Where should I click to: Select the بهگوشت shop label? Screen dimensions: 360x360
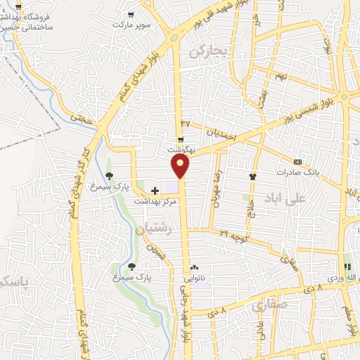pos(181,150)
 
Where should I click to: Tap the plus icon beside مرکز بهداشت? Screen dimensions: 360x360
pos(155,191)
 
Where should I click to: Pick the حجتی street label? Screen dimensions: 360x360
pos(84,120)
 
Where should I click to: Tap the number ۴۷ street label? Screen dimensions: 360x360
pos(186,124)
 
